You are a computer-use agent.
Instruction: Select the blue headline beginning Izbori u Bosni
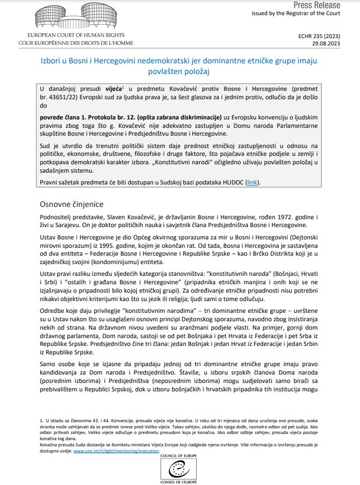[179, 66]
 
